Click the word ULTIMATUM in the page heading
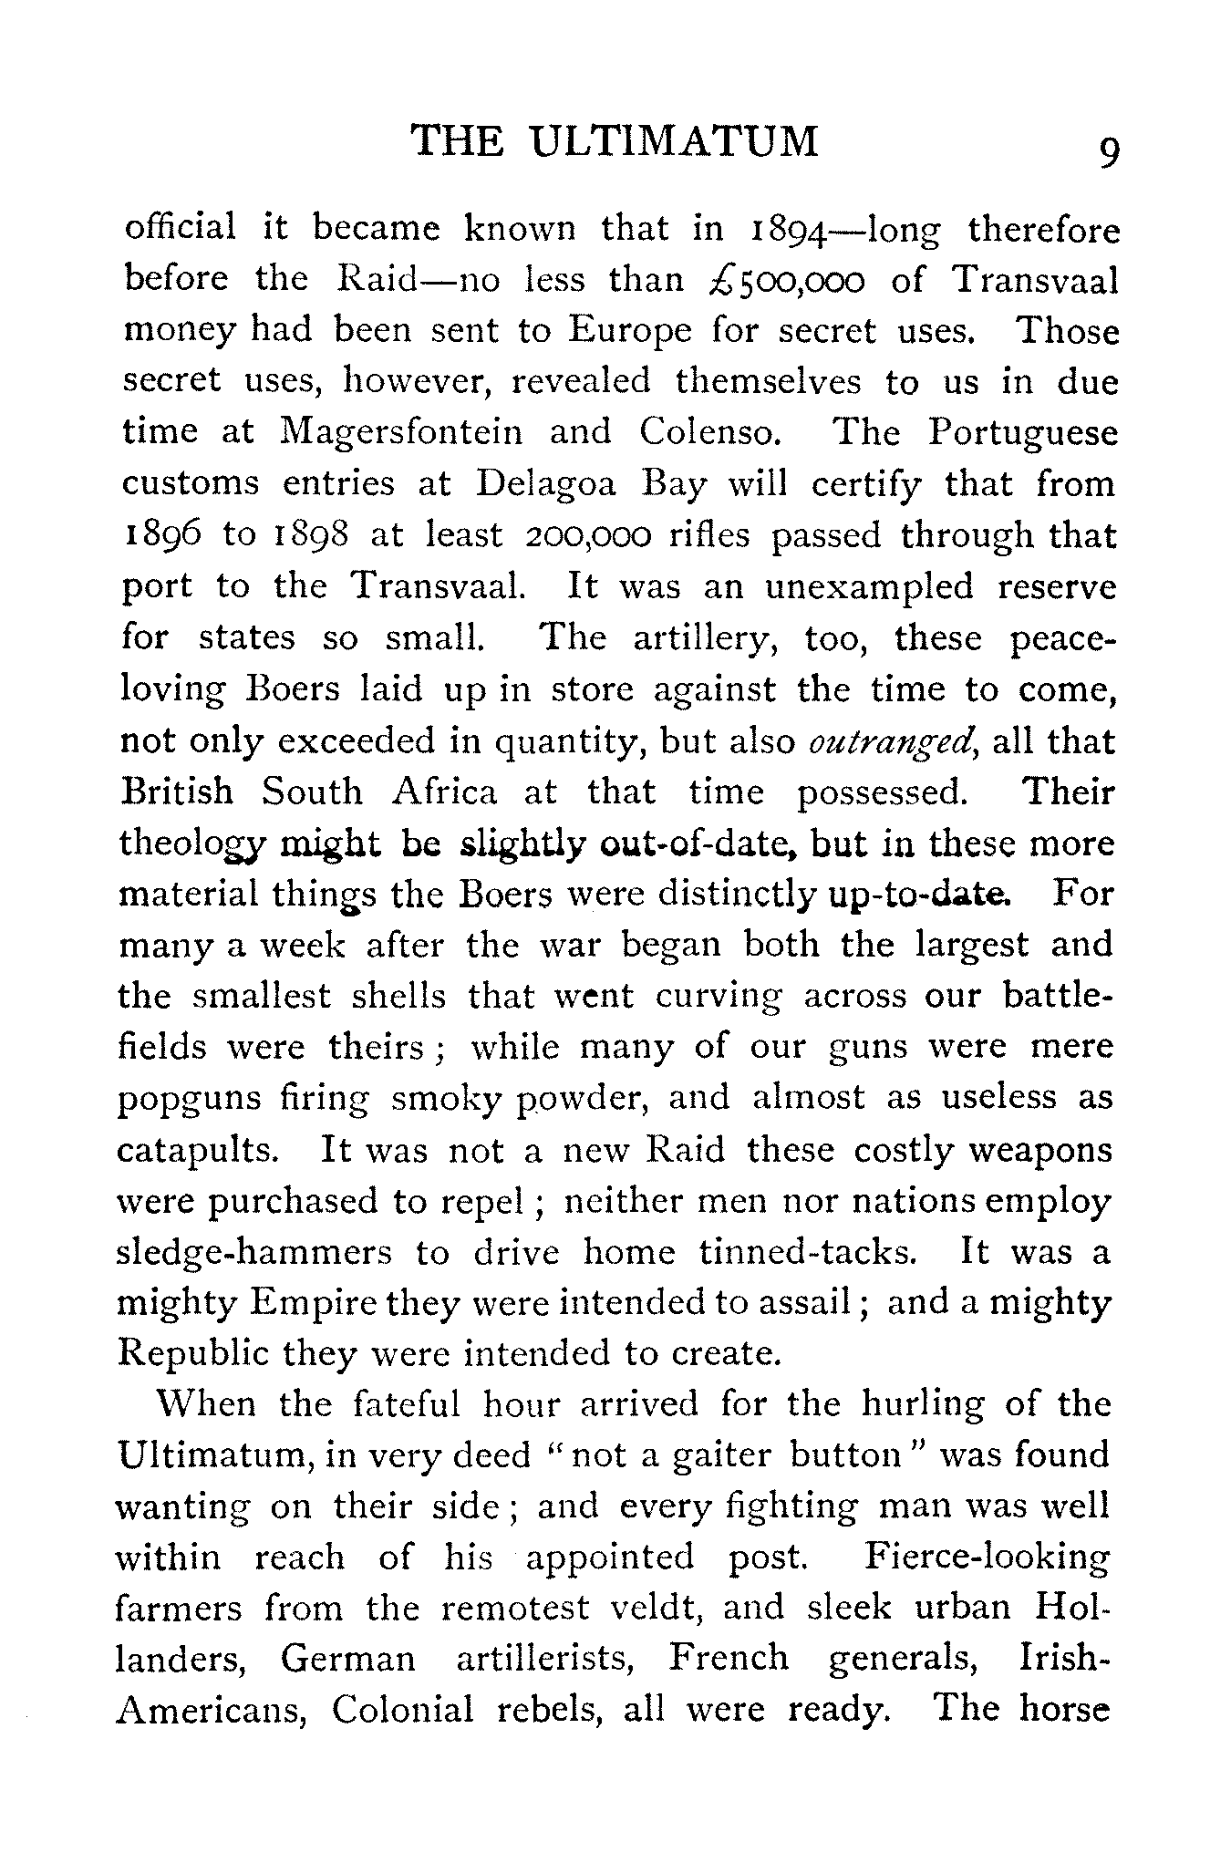(675, 142)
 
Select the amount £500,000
(785, 280)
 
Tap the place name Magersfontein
(401, 432)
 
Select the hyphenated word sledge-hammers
(254, 1254)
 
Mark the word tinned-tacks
(807, 1253)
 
